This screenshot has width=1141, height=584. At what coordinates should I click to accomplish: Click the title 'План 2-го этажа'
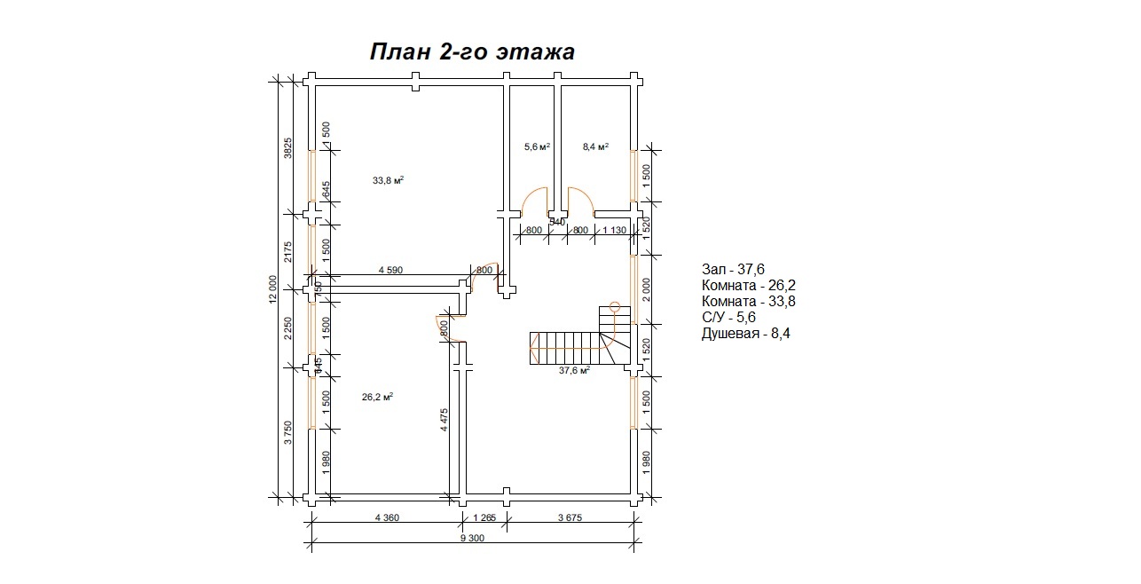(472, 52)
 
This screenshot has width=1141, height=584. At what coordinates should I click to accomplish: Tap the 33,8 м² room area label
(388, 180)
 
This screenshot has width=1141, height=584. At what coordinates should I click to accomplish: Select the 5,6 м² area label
(538, 146)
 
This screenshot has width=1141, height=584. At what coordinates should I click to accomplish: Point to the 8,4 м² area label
(596, 146)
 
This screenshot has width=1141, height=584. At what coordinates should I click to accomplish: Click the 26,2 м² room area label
(377, 397)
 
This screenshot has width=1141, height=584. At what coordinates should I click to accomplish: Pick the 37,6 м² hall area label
(575, 370)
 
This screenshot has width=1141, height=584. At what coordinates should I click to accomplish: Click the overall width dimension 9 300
(472, 538)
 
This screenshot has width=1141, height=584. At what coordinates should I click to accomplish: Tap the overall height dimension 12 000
(273, 289)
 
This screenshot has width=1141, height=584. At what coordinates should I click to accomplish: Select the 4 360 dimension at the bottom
(387, 517)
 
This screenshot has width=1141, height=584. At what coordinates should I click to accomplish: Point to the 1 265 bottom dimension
(484, 517)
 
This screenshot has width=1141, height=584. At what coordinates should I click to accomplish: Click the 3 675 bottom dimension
(570, 517)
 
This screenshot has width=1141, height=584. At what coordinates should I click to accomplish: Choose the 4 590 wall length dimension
(390, 270)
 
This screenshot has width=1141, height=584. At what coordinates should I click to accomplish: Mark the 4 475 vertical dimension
(445, 420)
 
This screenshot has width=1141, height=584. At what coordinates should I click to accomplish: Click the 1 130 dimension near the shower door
(614, 231)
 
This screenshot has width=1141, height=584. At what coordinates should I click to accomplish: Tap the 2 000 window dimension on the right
(647, 289)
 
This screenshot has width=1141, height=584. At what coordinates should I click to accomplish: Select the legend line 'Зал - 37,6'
(733, 269)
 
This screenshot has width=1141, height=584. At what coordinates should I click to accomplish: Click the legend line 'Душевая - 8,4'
(746, 334)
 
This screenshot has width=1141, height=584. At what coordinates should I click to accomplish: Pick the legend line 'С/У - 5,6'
(728, 317)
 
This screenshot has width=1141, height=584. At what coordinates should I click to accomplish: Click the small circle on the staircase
(615, 307)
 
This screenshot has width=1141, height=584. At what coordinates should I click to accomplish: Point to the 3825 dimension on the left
(287, 148)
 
